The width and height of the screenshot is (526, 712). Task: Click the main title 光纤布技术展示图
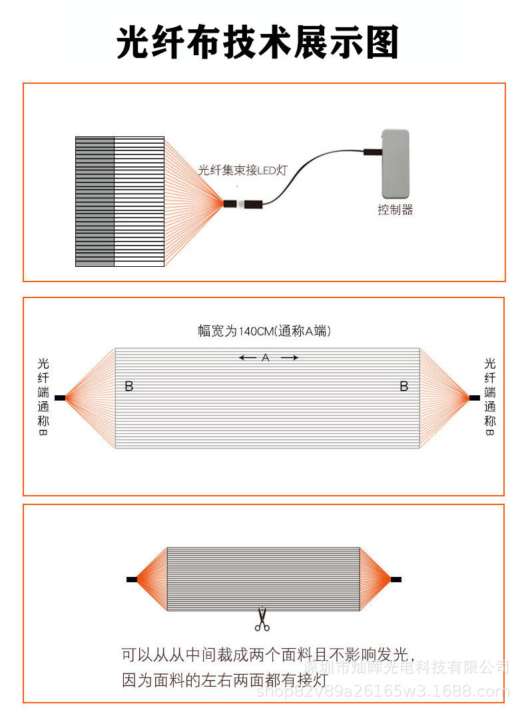click(258, 44)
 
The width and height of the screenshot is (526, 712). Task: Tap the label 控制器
click(395, 210)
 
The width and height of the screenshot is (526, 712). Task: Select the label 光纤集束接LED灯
click(243, 171)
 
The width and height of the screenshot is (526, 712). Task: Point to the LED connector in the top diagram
click(244, 204)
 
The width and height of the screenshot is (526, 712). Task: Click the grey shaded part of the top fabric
click(95, 201)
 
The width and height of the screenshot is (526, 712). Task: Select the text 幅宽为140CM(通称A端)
click(264, 331)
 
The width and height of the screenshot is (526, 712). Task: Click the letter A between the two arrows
click(265, 358)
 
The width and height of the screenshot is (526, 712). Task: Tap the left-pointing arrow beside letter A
click(248, 358)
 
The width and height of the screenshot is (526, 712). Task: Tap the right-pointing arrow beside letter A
click(289, 358)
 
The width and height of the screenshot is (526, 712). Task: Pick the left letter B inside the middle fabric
click(129, 386)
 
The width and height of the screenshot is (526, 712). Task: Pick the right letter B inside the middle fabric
click(403, 386)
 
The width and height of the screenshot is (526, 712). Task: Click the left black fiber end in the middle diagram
click(60, 398)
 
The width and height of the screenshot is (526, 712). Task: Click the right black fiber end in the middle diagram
click(474, 398)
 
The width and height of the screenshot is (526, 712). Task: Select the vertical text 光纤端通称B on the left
click(43, 397)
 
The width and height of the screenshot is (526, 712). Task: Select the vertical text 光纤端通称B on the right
click(489, 397)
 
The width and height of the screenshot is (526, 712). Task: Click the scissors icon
click(262, 620)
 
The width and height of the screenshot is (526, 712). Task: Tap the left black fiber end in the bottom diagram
click(132, 580)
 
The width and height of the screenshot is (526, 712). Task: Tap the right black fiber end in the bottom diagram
click(396, 580)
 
